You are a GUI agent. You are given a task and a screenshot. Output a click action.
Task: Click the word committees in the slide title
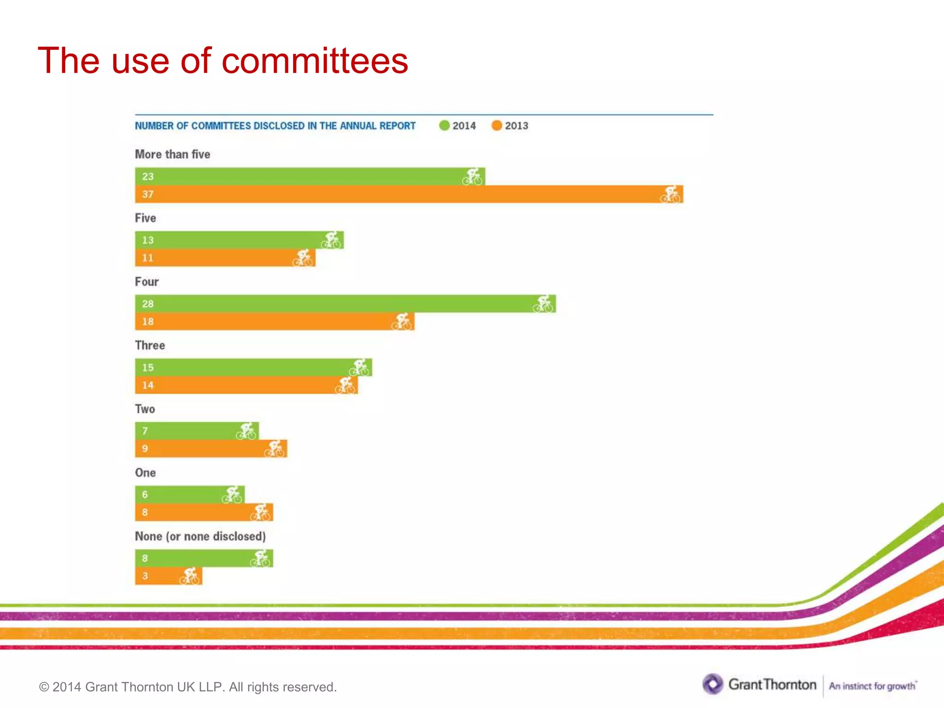(x=315, y=61)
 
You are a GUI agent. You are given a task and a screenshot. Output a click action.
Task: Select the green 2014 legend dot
(x=444, y=125)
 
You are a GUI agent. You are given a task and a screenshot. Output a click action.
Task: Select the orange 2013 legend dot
(x=496, y=125)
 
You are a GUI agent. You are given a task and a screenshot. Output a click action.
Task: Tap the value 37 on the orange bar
(x=147, y=194)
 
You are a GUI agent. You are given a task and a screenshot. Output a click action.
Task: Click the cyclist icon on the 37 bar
(x=670, y=195)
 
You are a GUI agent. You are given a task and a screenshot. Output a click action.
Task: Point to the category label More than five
(x=172, y=154)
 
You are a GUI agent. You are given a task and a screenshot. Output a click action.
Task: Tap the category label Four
(x=147, y=282)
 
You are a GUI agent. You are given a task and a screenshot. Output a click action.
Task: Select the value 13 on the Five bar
(x=147, y=240)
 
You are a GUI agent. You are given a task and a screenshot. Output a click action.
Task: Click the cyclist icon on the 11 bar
(x=303, y=258)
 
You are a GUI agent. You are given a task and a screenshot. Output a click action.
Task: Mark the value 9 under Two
(x=145, y=448)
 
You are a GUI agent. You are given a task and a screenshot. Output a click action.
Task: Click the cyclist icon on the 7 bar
(x=246, y=431)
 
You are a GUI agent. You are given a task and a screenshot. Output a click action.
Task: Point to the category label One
(x=145, y=473)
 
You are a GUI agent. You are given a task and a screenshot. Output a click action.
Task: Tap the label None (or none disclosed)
(x=200, y=537)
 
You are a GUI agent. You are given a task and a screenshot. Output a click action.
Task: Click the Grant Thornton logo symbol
(x=713, y=684)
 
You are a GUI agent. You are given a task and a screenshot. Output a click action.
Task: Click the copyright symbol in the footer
(x=44, y=687)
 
